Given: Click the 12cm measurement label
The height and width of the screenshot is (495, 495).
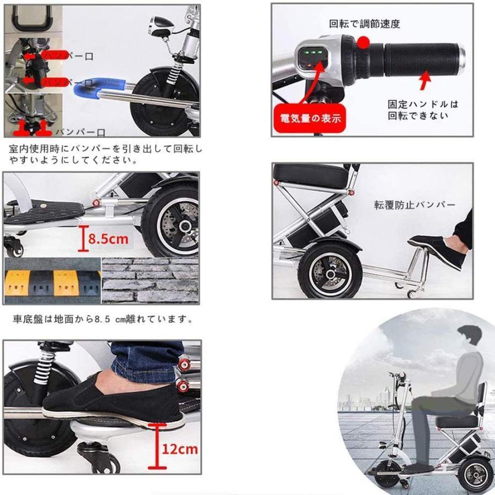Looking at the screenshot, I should point(179,448).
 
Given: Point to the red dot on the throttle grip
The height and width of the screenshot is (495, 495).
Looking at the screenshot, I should point(362,42).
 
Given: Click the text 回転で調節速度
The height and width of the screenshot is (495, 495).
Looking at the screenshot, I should point(364,24).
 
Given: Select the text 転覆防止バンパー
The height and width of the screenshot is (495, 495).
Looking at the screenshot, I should point(415,205).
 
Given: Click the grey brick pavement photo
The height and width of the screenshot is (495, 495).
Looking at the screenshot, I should point(150,280).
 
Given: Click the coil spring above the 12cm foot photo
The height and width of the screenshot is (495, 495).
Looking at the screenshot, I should point(42,367).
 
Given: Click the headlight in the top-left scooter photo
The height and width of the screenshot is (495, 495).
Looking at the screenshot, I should point(160,24).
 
